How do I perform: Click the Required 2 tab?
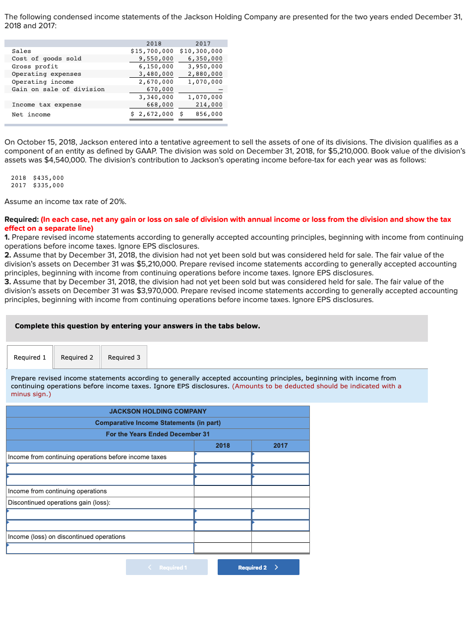77,357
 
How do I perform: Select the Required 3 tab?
124,357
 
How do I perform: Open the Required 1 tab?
30,357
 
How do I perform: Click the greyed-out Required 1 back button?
167,567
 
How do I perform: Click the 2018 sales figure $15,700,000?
152,51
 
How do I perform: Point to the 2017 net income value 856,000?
209,114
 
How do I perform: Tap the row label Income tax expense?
47,105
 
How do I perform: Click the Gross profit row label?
35,66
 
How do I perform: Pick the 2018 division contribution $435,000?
48,178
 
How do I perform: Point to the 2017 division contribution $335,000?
48,185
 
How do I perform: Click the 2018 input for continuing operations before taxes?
223,457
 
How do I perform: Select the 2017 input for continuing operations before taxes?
280,457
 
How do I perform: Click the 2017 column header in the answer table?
280,446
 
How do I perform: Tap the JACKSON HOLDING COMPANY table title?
158,411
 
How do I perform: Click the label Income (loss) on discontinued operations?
66,537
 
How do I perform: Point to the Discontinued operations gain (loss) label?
59,503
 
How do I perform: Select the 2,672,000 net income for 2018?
156,114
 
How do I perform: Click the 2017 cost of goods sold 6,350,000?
205,58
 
